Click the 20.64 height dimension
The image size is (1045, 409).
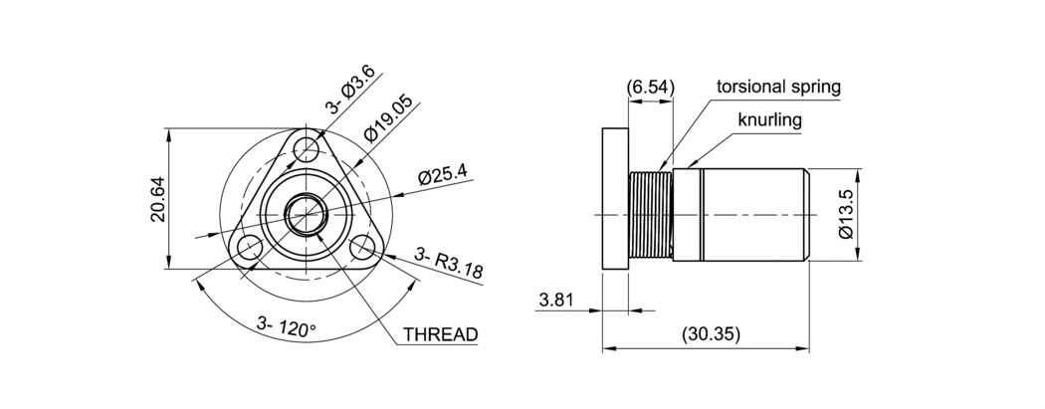(158, 199)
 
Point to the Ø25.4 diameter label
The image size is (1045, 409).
(443, 173)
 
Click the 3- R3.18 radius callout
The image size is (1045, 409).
(448, 263)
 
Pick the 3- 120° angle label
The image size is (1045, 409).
(287, 327)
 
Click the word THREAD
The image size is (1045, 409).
(441, 334)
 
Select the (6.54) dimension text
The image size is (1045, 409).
(651, 87)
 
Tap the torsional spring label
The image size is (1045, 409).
(778, 87)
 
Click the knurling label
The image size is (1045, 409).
(769, 119)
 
